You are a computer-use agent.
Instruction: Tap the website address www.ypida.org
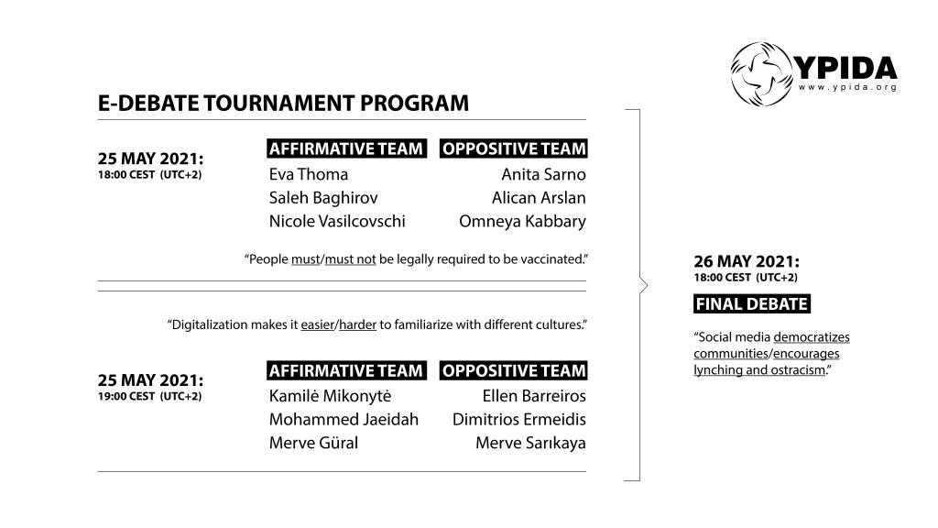[847, 87]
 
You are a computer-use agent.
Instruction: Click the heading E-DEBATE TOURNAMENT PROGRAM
[283, 104]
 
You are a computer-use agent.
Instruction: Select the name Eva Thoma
[309, 174]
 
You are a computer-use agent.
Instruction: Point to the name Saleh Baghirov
[323, 198]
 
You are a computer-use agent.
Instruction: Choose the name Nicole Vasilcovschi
[337, 222]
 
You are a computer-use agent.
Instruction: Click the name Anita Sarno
[543, 174]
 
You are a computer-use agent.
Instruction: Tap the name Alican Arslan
[539, 198]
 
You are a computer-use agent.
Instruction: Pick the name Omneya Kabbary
[522, 222]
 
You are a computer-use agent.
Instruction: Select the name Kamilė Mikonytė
[330, 396]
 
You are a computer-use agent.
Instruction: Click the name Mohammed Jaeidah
[344, 420]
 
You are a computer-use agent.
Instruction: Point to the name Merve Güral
[313, 444]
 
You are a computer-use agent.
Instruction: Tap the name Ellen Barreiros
[534, 396]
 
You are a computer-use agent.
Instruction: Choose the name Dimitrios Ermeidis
[518, 420]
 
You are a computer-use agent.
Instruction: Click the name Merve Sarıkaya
[530, 444]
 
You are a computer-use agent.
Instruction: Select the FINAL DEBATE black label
[752, 304]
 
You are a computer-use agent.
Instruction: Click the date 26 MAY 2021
[747, 261]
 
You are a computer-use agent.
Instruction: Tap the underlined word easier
[318, 324]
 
